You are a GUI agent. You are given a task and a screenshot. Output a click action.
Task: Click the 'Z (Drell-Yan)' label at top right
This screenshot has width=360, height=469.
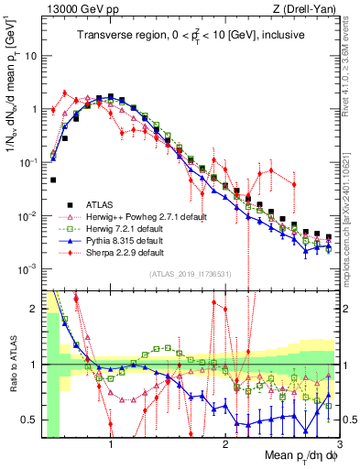click(x=306, y=8)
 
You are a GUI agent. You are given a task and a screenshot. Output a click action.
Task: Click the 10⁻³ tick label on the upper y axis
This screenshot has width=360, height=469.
click(x=27, y=268)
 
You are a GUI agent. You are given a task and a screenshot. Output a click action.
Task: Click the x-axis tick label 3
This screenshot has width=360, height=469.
click(x=339, y=442)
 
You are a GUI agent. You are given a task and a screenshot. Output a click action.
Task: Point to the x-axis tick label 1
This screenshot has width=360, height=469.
click(x=111, y=442)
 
